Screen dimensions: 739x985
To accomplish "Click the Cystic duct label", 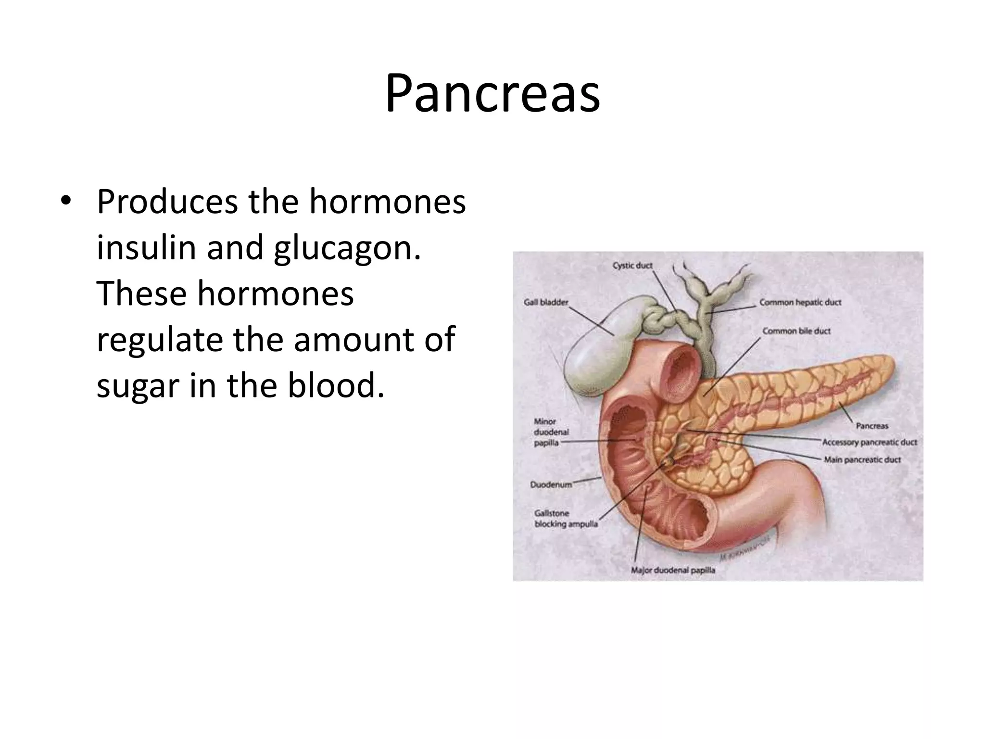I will pyautogui.click(x=632, y=266).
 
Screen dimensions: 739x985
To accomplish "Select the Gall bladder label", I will pyautogui.click(x=546, y=303).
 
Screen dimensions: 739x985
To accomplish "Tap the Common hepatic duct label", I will pyautogui.click(x=800, y=303).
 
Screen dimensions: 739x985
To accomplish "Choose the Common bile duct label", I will pyautogui.click(x=796, y=331).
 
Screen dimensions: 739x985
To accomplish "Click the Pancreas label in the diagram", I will pyautogui.click(x=872, y=426).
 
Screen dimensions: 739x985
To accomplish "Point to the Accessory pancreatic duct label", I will pyautogui.click(x=870, y=442).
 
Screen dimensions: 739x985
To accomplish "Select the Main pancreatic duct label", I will pyautogui.click(x=862, y=459).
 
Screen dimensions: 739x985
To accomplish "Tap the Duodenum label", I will pyautogui.click(x=551, y=484).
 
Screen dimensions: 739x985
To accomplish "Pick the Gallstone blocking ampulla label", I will pyautogui.click(x=566, y=519).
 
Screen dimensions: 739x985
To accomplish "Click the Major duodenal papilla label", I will pyautogui.click(x=673, y=571).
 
